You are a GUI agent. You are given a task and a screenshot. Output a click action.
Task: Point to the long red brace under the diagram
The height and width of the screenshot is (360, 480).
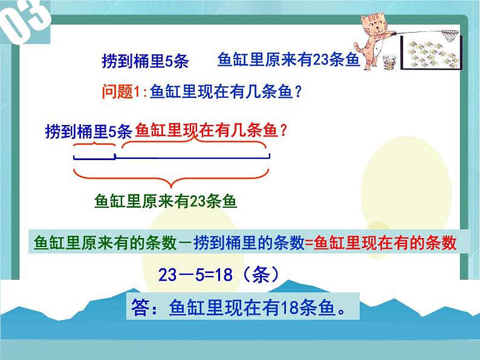171,177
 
